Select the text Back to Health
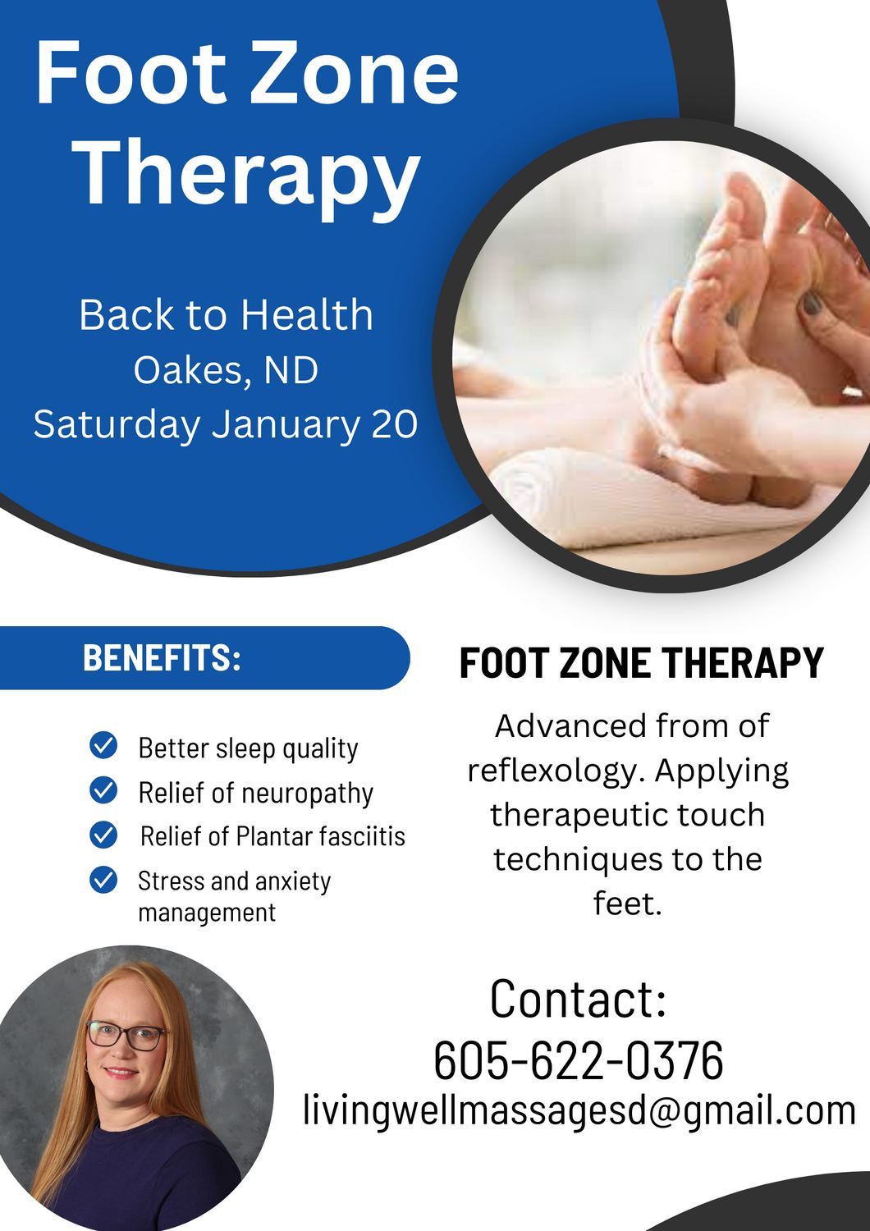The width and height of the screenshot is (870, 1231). [226, 315]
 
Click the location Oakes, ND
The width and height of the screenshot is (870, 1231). [226, 370]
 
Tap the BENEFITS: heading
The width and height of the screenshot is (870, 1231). [163, 657]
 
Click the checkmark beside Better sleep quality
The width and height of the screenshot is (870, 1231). [103, 746]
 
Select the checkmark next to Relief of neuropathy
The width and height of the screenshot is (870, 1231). [103, 790]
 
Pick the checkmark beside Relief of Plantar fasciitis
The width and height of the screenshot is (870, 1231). [103, 835]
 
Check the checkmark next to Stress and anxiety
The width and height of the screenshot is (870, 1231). [103, 880]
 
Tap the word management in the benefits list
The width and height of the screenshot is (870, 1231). [207, 913]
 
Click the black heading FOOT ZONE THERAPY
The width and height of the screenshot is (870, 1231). [641, 663]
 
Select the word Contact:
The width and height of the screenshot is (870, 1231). [578, 999]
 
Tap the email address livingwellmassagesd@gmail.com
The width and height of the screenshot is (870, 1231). [579, 1111]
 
